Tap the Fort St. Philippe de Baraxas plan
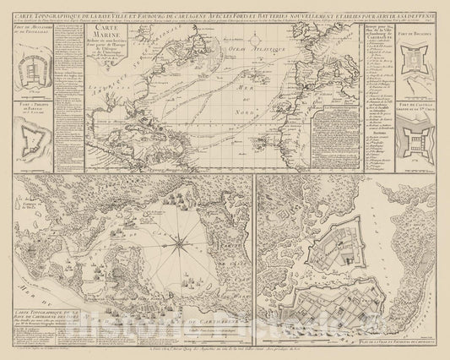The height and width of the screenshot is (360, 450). (32, 135)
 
